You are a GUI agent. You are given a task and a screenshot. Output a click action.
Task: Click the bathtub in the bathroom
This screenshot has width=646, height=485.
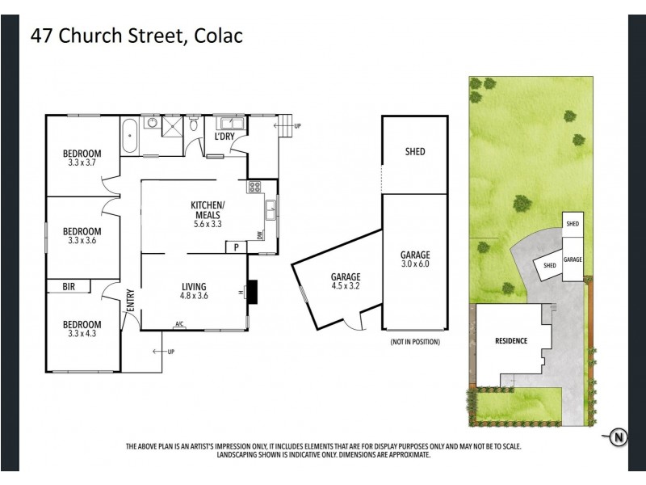130,137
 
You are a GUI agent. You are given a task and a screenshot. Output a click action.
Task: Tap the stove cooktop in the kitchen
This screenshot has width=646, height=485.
254,188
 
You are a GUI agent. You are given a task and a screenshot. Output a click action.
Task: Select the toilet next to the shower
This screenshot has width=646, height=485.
195,125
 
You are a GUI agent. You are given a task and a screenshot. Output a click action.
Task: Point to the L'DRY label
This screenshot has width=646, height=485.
224,136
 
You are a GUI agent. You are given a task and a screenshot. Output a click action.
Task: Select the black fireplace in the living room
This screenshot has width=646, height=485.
253,292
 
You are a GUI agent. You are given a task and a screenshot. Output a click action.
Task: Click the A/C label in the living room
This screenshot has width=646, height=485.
178,325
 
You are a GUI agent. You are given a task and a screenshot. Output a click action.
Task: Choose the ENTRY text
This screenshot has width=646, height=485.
129,302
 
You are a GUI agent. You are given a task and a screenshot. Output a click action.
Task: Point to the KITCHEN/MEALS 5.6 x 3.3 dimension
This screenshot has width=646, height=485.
208,224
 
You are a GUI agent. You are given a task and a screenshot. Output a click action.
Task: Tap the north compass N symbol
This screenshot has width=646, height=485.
619,438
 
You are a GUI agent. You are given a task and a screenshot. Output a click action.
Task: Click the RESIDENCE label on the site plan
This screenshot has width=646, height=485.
510,341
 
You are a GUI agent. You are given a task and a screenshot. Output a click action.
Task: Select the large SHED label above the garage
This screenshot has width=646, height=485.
414,151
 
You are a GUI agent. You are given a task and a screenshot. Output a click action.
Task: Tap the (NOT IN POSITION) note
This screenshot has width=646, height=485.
414,343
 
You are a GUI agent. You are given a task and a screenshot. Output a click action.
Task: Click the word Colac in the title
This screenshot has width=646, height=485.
218,36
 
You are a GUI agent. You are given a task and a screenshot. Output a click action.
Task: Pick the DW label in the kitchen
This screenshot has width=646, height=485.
260,235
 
